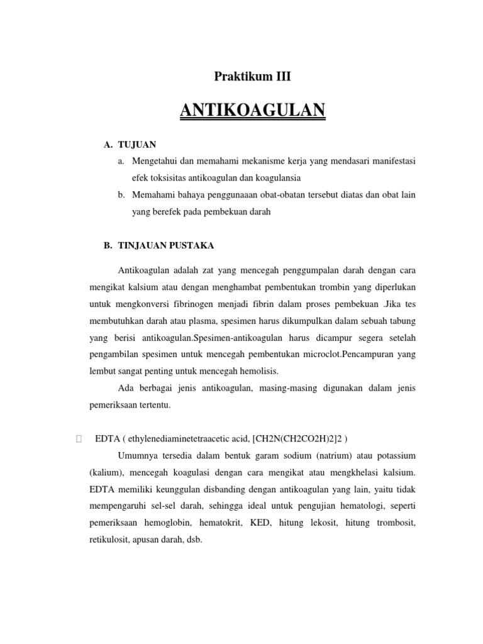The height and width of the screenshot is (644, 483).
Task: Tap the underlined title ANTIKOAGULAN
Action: tap(253, 111)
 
